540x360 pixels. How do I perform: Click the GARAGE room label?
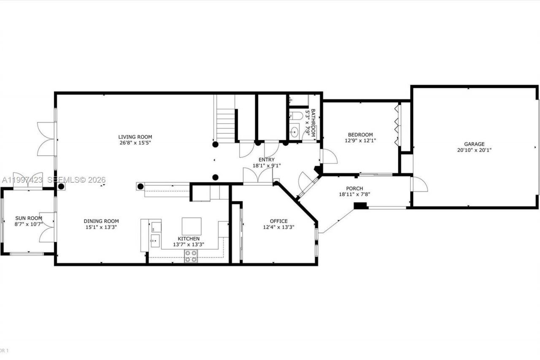[x=474, y=144]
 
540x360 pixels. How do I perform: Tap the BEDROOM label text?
[x=360, y=135]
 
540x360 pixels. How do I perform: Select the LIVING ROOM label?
[x=135, y=137]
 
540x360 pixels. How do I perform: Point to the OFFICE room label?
[x=278, y=221]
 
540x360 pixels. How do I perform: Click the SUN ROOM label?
[x=28, y=218]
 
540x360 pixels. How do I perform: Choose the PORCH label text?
[x=354, y=189]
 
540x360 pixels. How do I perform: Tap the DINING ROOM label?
[x=101, y=221]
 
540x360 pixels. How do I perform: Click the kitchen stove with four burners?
[x=191, y=256]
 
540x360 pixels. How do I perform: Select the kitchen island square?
[x=191, y=226]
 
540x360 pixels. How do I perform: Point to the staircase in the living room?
[x=226, y=125]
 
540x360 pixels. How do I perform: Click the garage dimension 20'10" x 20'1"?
[x=474, y=150]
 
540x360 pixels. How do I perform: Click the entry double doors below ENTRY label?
[x=258, y=176]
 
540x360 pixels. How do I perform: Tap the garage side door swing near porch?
[x=419, y=184]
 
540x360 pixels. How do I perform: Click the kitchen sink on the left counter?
[x=155, y=242]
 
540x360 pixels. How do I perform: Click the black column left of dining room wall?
[x=61, y=186]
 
